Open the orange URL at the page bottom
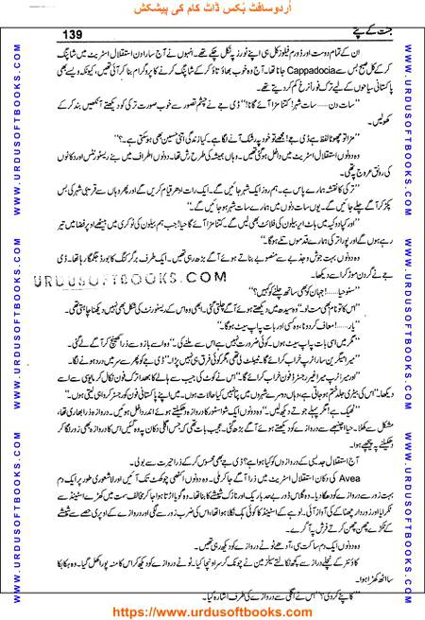213,609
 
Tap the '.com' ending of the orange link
298,609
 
